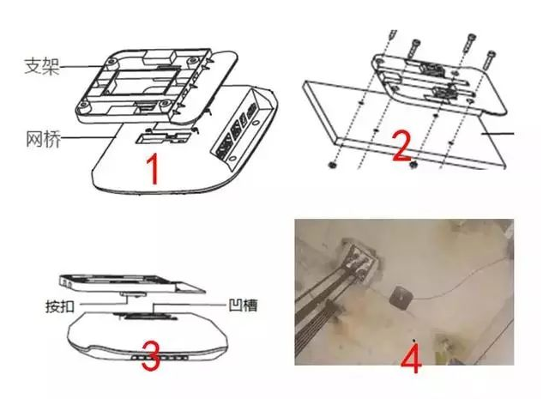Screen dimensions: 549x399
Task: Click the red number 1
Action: point(153,169)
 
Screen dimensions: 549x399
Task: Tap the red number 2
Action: point(401,145)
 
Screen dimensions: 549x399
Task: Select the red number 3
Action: point(151,356)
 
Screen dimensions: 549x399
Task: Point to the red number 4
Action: point(411,358)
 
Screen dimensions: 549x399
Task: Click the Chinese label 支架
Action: point(42,66)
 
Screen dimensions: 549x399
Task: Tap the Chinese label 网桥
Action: point(43,139)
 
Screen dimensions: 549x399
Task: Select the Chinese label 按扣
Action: point(60,306)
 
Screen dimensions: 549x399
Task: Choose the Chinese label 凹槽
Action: point(243,305)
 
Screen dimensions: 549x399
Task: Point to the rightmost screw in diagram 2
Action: point(488,59)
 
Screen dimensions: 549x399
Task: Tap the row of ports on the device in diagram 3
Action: point(159,358)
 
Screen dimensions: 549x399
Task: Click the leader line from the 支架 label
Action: point(82,66)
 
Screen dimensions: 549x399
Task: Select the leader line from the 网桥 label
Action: point(87,137)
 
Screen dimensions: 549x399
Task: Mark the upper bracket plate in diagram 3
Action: point(131,283)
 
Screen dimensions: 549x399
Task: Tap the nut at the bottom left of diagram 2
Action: point(331,164)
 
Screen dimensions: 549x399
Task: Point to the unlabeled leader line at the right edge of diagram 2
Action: point(498,134)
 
